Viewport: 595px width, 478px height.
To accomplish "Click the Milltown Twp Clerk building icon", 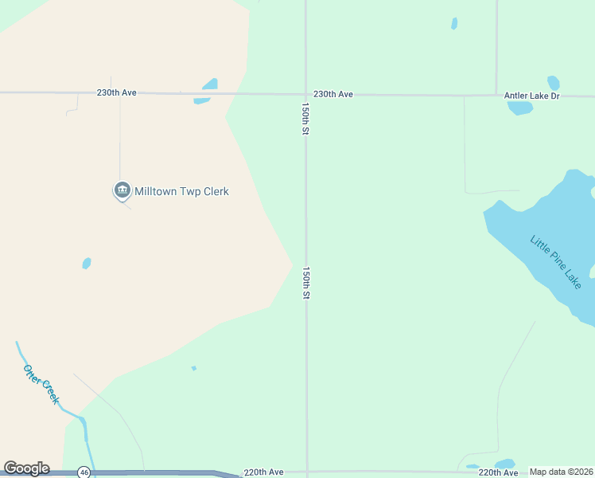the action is [122, 190].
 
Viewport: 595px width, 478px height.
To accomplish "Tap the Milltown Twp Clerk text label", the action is [181, 191].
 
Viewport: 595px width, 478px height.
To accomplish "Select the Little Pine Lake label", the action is [557, 261].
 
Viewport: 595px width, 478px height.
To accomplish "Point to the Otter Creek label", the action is [41, 384].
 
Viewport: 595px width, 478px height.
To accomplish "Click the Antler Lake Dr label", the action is [532, 96].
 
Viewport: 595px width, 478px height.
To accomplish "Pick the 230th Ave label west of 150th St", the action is [118, 92].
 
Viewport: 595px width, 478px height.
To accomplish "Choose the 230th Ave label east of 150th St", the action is [333, 94].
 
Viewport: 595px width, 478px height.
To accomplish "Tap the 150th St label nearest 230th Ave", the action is [305, 118].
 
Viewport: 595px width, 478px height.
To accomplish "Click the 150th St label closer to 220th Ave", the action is [305, 283].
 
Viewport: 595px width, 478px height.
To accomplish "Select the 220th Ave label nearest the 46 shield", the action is [264, 472].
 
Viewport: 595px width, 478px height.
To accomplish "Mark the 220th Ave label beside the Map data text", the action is [499, 472].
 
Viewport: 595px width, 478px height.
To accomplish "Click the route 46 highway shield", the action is [84, 472].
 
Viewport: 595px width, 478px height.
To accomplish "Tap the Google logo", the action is [26, 468].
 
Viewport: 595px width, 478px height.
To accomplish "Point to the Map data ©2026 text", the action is [561, 472].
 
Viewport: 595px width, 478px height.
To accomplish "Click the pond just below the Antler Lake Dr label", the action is [519, 108].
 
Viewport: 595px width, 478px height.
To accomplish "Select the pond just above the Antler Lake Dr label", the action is [554, 83].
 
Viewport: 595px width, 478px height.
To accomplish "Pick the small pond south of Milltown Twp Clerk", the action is [86, 263].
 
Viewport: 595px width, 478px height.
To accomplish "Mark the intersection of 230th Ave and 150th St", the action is [306, 94].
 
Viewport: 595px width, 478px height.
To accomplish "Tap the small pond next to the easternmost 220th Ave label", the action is [505, 464].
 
